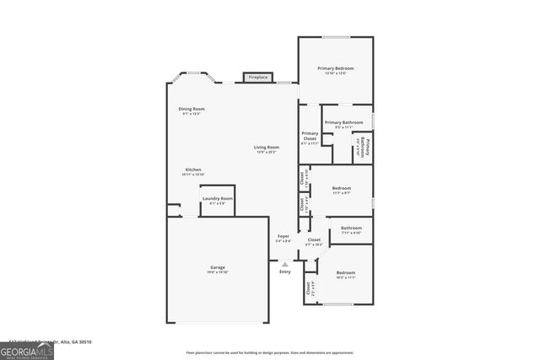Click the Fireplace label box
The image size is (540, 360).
pyautogui.click(x=258, y=78)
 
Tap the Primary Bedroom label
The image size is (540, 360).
pyautogui.click(x=335, y=68)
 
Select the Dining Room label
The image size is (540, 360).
pyautogui.click(x=192, y=109)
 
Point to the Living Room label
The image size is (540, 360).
pyautogui.click(x=267, y=148)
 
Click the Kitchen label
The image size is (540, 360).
pyautogui.click(x=193, y=169)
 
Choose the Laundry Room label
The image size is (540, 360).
pyautogui.click(x=217, y=198)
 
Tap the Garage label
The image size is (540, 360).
pyautogui.click(x=217, y=267)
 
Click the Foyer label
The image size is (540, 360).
pyautogui.click(x=283, y=236)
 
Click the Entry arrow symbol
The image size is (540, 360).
pyautogui.click(x=285, y=264)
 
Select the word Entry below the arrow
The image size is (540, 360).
pyautogui.click(x=285, y=271)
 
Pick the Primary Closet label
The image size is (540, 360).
pyautogui.click(x=310, y=136)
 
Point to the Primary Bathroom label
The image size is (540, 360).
pyautogui.click(x=343, y=123)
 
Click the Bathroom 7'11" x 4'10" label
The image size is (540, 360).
pyautogui.click(x=351, y=228)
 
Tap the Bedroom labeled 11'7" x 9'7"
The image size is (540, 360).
pyautogui.click(x=341, y=189)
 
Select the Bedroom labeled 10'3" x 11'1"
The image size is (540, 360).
pyautogui.click(x=346, y=273)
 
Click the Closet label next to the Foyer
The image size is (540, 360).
pyautogui.click(x=313, y=240)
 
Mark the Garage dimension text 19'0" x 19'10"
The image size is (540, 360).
pyautogui.click(x=217, y=272)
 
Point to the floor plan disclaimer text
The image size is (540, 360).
pyautogui.click(x=270, y=352)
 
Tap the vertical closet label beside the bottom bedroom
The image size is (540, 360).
pyautogui.click(x=308, y=289)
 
